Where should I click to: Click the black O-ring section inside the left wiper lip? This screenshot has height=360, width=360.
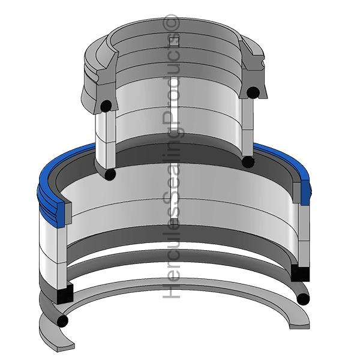click(106, 106)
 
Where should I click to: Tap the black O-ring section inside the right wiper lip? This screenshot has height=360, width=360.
click(253, 92)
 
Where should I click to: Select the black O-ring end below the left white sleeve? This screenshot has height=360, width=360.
click(110, 174)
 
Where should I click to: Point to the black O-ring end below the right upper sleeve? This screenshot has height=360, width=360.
click(248, 161)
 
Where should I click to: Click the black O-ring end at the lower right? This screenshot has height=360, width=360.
click(303, 299)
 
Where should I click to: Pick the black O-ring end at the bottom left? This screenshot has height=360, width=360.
click(62, 321)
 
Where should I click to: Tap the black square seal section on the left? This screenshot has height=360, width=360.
click(65, 293)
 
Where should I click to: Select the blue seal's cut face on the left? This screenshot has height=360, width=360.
click(61, 214)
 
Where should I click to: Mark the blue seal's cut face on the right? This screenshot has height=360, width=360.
click(305, 193)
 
